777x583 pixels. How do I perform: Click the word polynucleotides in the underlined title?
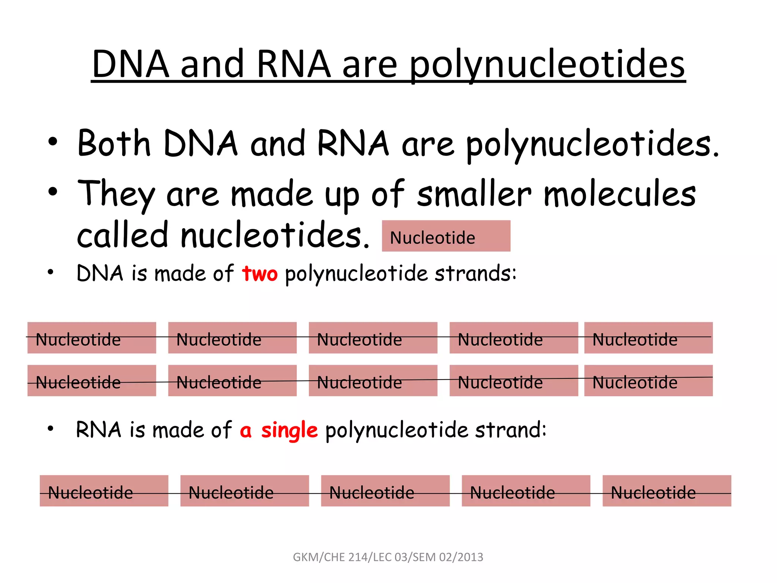[547, 65]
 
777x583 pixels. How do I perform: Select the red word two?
[260, 273]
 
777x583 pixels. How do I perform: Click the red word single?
[289, 430]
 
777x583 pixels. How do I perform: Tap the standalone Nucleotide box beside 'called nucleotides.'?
[446, 236]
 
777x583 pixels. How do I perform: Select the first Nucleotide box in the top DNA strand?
[91, 338]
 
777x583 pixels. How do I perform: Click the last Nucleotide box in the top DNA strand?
[648, 338]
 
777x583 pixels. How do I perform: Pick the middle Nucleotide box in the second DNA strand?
[373, 381]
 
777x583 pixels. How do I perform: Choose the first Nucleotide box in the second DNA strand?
[91, 381]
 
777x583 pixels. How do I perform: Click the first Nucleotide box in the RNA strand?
[104, 491]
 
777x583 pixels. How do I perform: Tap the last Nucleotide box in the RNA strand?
[667, 491]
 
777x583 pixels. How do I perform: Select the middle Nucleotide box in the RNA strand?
[385, 491]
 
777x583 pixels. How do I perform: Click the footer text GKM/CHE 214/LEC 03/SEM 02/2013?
[388, 557]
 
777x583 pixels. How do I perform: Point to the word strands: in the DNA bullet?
[475, 273]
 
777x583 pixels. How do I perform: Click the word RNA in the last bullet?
[98, 430]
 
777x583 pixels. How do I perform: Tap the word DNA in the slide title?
[131, 65]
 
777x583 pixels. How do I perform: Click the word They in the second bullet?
[116, 194]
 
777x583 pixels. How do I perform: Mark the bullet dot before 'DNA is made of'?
[50, 272]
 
